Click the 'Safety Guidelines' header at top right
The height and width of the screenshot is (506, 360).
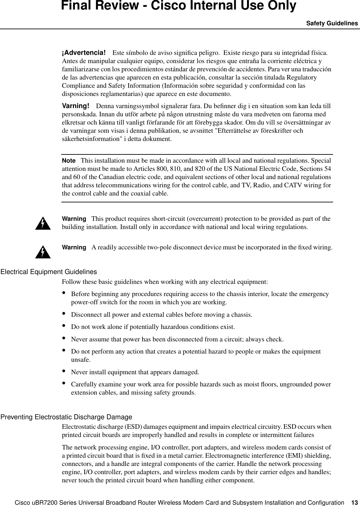(x=332, y=23)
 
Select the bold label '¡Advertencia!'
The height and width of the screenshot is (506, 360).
(x=84, y=53)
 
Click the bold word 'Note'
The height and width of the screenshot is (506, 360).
(x=69, y=161)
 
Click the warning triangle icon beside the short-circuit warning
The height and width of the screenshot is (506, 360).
(x=44, y=224)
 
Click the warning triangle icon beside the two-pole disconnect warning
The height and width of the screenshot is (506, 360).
(x=44, y=252)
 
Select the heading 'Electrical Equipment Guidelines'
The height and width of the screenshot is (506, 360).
(x=49, y=272)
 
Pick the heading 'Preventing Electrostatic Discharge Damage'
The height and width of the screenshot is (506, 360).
(x=66, y=417)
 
